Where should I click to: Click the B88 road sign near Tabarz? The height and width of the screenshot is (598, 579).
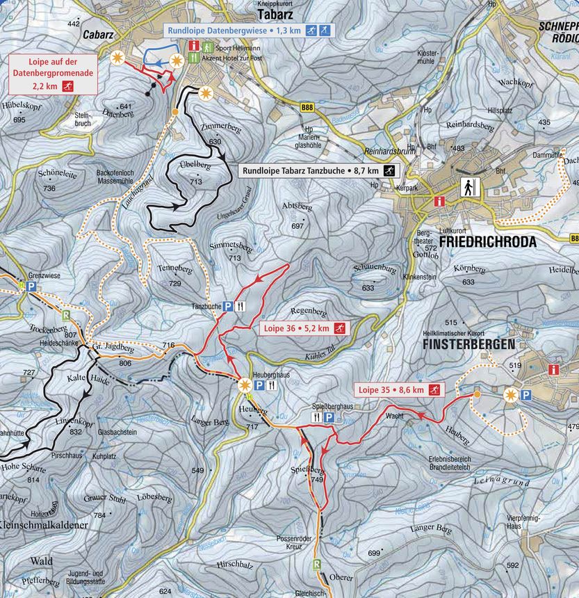(x=307, y=108)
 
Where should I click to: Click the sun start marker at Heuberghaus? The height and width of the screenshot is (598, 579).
(x=244, y=385)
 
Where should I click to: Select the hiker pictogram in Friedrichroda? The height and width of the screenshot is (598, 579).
(x=469, y=188)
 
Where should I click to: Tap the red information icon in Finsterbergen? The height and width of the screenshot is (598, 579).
(x=554, y=370)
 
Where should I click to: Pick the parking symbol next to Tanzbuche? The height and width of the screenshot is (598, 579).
(x=227, y=306)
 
